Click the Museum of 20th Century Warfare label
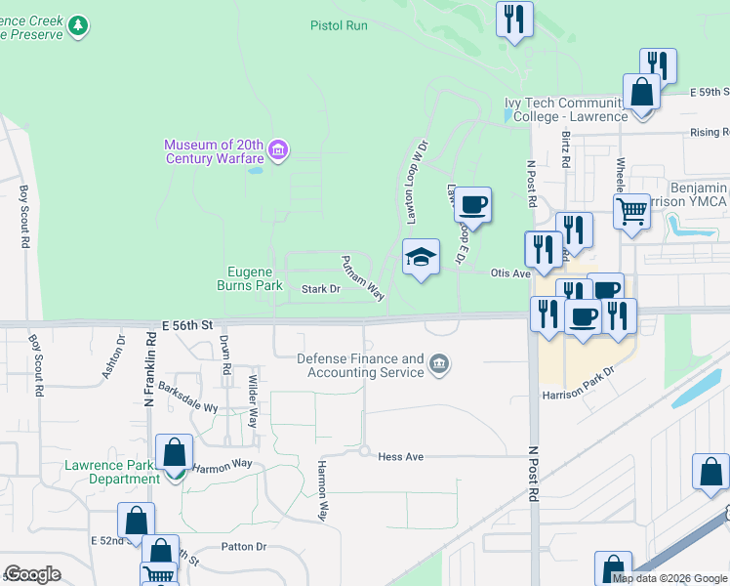(215, 151)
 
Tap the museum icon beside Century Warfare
(278, 150)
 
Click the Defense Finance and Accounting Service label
(360, 365)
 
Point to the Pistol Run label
(339, 25)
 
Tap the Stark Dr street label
(320, 289)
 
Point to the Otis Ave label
(509, 273)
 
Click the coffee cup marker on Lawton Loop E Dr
(472, 205)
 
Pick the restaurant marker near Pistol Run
(513, 19)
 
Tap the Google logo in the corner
(33, 573)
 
